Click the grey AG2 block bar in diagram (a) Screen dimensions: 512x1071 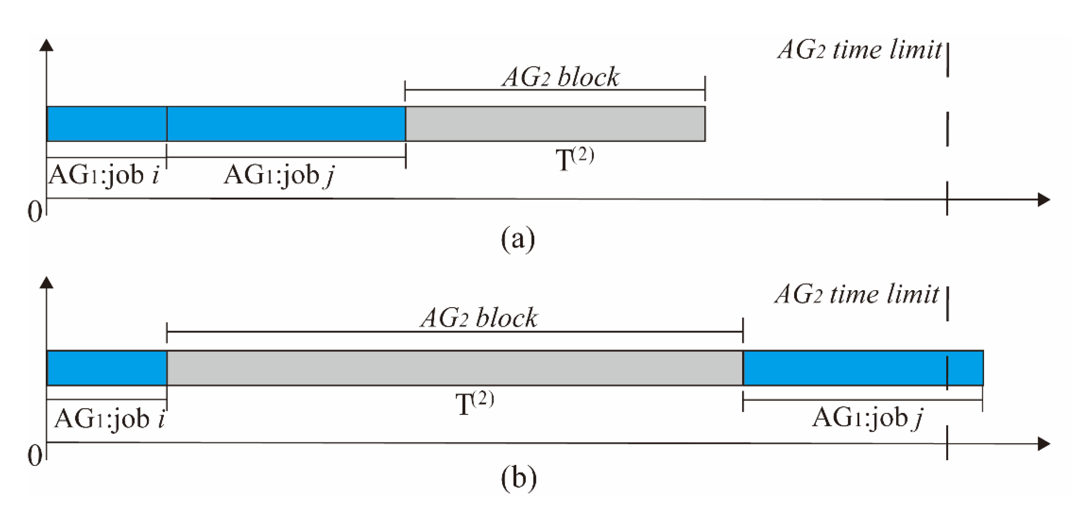[x=555, y=124]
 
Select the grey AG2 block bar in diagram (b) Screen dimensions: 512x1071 [x=455, y=368]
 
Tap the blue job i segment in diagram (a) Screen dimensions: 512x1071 [x=107, y=124]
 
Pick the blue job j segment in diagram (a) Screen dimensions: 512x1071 [x=286, y=124]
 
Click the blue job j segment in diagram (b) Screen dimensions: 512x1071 [x=863, y=368]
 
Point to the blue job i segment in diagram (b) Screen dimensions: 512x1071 [x=107, y=368]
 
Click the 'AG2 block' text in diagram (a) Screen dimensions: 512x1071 [x=560, y=77]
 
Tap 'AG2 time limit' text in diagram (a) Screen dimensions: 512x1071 [x=859, y=50]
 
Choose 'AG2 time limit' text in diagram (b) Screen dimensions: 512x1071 [x=857, y=294]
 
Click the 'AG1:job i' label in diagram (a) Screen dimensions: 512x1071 [x=104, y=175]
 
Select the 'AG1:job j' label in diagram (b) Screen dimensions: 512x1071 [x=867, y=418]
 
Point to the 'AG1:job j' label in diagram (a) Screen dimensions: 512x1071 [x=279, y=175]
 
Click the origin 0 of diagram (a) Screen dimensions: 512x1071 [x=35, y=212]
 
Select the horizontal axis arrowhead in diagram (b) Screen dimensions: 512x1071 [x=1044, y=444]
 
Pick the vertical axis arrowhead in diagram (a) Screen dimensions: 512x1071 [x=46, y=45]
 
